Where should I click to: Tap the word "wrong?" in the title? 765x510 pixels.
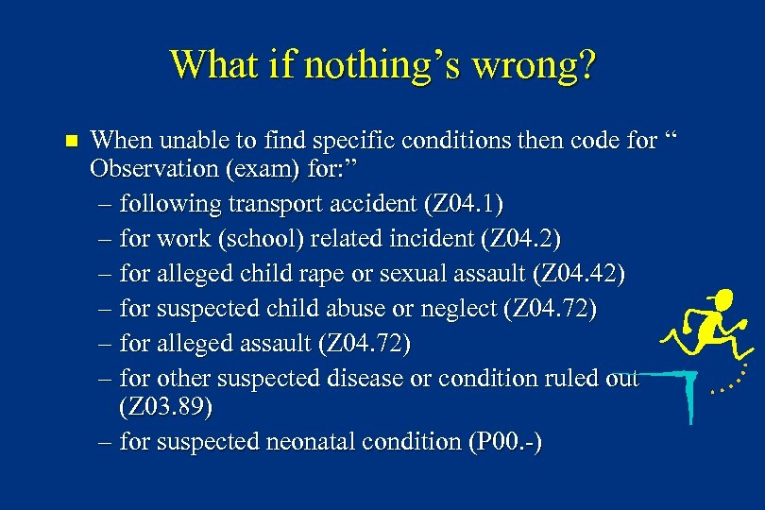(x=535, y=65)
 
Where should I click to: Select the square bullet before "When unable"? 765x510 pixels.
(x=67, y=142)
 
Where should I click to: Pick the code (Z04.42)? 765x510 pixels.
(x=579, y=274)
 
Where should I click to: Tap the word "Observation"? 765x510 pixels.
(x=151, y=171)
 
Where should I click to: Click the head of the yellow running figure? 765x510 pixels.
(x=722, y=302)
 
